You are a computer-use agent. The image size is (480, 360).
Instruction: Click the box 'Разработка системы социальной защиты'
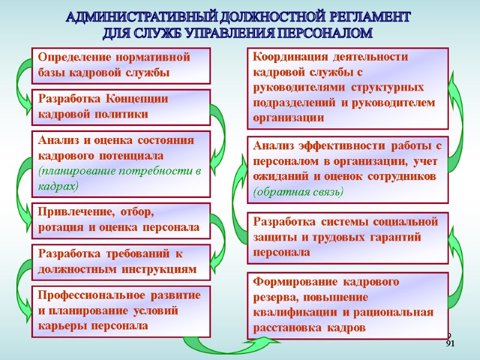[x=347, y=237]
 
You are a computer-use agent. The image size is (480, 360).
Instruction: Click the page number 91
[x=451, y=343]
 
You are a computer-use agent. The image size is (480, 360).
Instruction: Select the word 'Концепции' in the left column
[x=137, y=98]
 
